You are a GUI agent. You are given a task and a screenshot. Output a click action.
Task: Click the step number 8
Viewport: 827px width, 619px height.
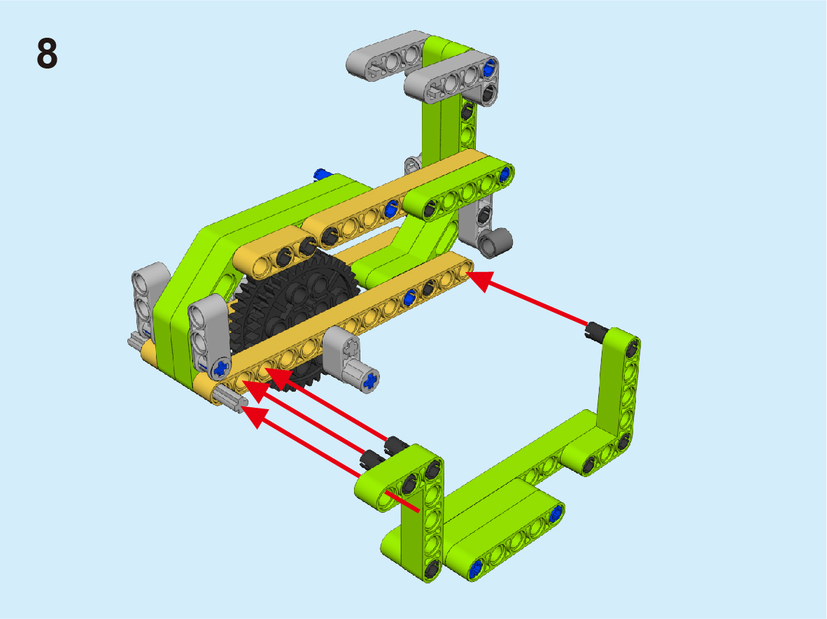[47, 53]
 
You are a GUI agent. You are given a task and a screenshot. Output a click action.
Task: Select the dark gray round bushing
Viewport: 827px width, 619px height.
[496, 242]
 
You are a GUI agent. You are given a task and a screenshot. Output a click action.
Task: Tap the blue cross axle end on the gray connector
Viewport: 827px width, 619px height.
[372, 380]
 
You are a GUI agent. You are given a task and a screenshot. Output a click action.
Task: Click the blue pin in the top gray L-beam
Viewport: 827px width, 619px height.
[489, 66]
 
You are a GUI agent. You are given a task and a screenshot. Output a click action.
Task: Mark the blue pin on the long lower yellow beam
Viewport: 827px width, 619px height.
[409, 299]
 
